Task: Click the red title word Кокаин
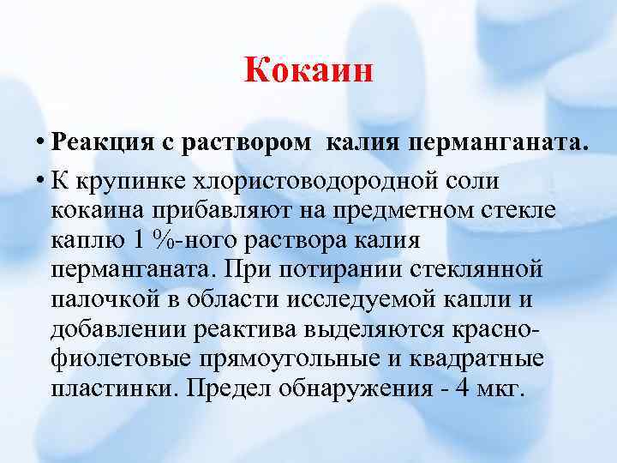tap(309, 70)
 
